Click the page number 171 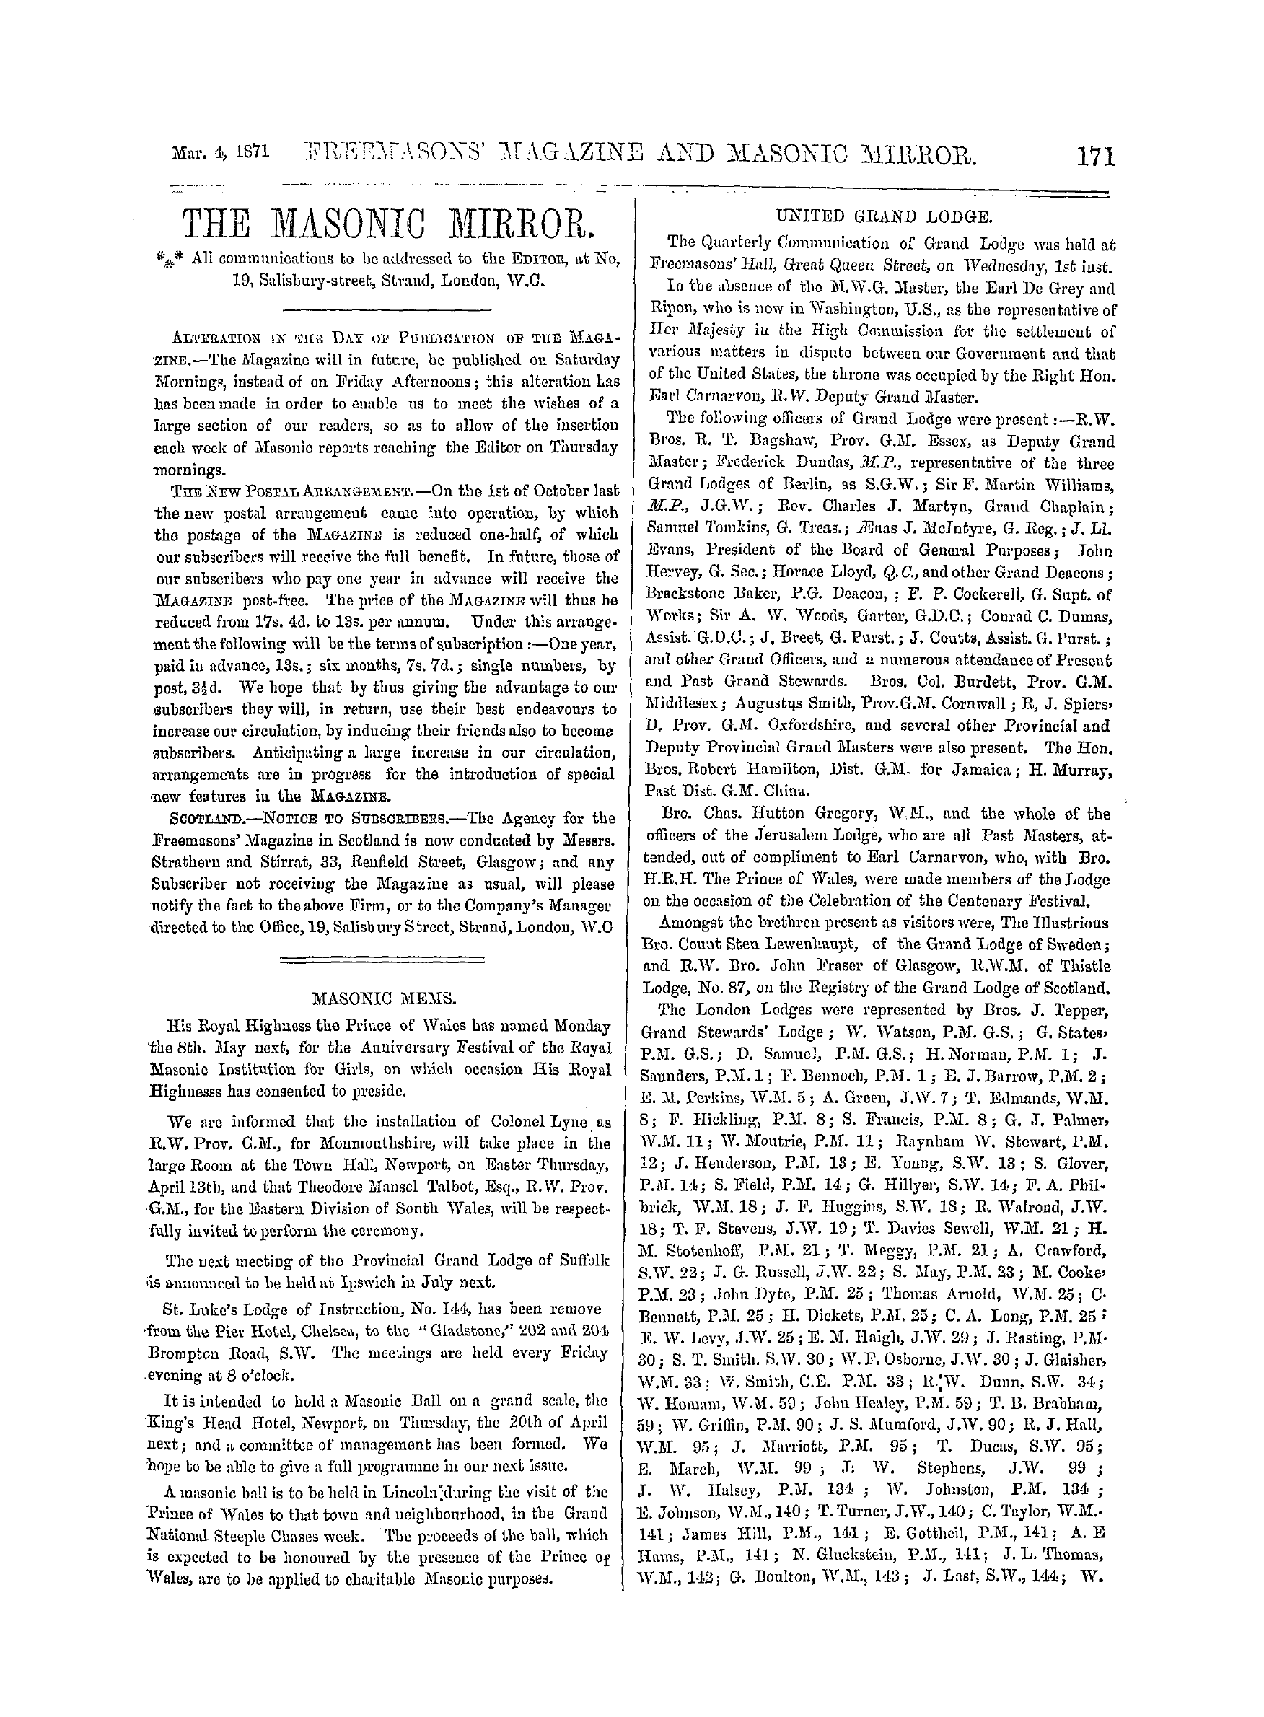click(1095, 157)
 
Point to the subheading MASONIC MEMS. click(386, 998)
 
